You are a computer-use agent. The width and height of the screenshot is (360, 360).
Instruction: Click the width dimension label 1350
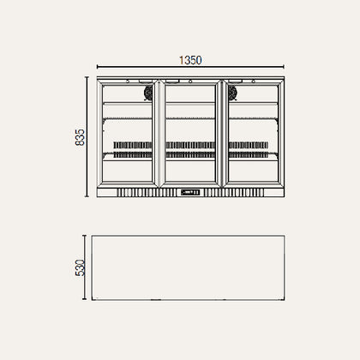tap(190, 60)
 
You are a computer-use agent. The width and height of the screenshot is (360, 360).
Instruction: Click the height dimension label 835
tap(80, 137)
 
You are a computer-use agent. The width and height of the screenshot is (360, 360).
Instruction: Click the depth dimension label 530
tap(80, 267)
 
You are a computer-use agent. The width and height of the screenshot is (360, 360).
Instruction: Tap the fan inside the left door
tap(148, 93)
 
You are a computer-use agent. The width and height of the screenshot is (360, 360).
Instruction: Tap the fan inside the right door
tap(232, 93)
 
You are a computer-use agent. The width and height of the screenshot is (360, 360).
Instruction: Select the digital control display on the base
tap(190, 192)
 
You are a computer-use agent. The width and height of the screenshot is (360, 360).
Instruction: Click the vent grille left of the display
tap(147, 193)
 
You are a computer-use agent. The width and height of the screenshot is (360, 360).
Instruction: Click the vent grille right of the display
tap(234, 193)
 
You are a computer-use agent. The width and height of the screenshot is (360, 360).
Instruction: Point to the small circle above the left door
tap(128, 81)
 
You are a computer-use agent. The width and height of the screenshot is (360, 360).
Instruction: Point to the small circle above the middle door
tap(190, 81)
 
